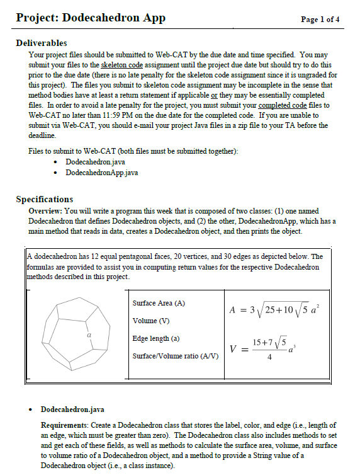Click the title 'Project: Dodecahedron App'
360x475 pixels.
(91, 18)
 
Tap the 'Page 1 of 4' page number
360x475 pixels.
(320, 20)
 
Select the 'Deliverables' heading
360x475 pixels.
(42, 43)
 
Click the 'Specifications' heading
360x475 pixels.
(45, 200)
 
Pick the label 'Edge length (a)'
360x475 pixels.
(156, 338)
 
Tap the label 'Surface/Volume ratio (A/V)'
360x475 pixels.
(176, 356)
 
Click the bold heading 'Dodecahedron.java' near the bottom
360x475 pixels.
(72, 409)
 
